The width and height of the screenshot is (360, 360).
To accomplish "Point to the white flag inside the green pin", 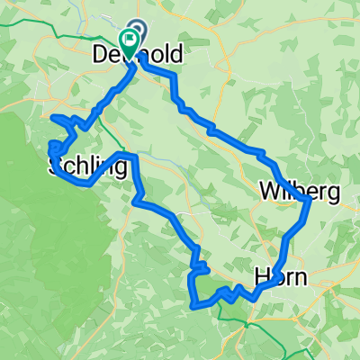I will (x=130, y=38).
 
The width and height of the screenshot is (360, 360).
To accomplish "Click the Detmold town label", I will (x=138, y=55).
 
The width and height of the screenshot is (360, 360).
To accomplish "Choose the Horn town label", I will (x=280, y=278).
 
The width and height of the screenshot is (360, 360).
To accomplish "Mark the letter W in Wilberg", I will (x=266, y=191).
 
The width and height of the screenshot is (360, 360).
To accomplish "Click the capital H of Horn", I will (x=260, y=278).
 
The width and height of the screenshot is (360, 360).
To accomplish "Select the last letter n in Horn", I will (x=301, y=279).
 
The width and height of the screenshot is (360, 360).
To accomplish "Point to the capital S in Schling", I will (x=53, y=166).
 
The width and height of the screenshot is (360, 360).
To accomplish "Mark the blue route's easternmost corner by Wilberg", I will (x=309, y=202).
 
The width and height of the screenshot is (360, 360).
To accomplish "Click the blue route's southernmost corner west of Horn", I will (x=193, y=304).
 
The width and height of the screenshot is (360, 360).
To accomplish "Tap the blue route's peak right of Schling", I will (x=132, y=157).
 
